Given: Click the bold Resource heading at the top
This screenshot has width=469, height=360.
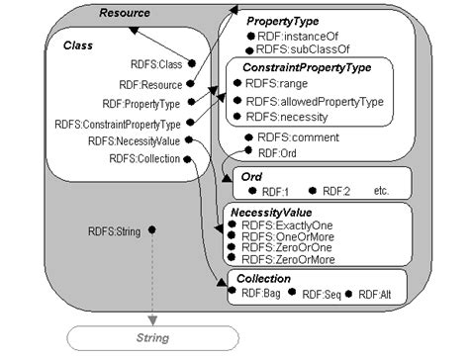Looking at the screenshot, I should [126, 13].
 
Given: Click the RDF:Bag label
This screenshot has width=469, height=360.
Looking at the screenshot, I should [262, 293].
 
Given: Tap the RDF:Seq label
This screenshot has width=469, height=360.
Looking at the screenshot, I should [322, 293].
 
